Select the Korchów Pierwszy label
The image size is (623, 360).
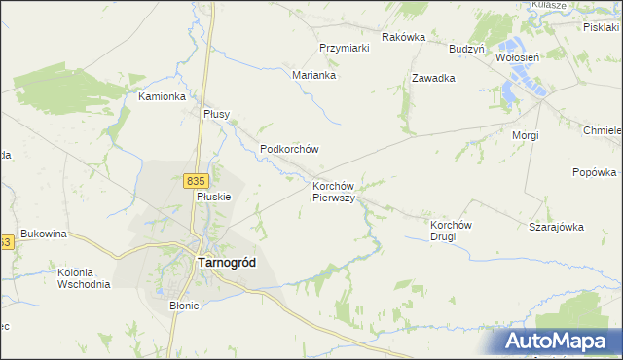[338, 191]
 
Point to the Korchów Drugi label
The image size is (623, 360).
[451, 230]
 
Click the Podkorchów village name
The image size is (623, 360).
[290, 149]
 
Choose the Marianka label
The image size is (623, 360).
[314, 74]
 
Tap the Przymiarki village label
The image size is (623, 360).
[345, 48]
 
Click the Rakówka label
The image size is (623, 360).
[404, 37]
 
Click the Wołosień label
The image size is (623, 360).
[517, 57]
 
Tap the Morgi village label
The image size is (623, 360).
[526, 135]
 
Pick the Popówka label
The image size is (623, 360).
[595, 173]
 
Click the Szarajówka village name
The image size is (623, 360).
[556, 227]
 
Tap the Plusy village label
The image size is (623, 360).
[216, 114]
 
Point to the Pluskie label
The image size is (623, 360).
[213, 196]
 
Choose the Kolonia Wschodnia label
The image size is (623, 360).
[84, 277]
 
